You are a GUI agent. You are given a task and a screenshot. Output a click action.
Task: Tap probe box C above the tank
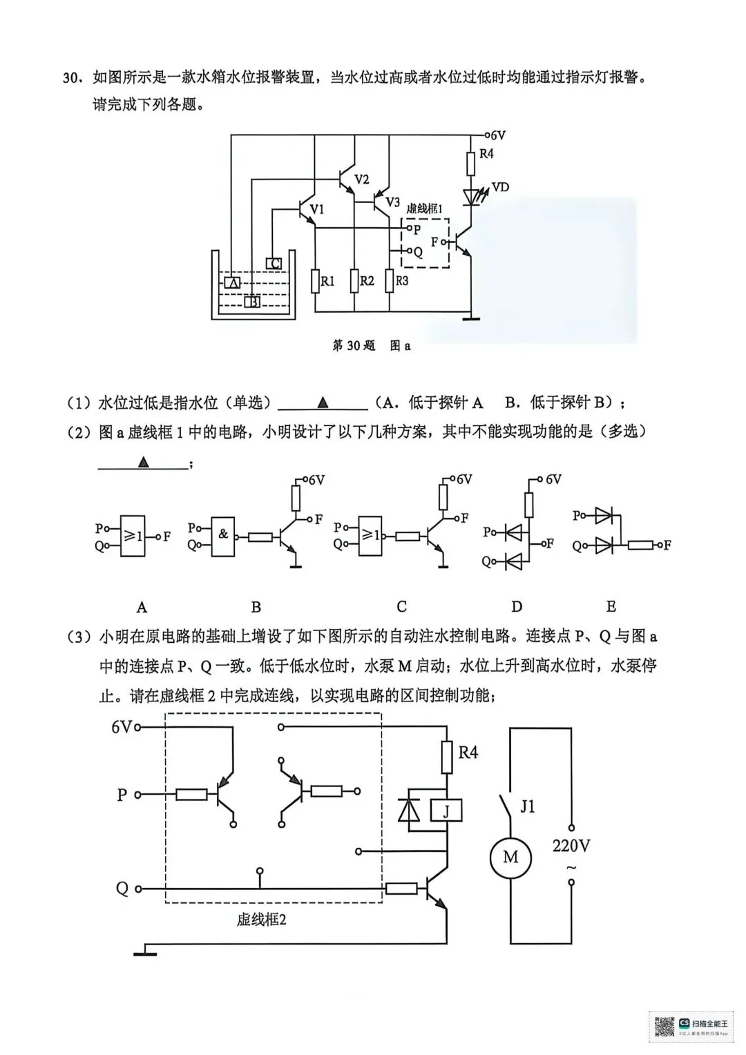tap(274, 263)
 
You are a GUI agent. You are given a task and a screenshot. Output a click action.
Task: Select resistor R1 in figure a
tap(315, 281)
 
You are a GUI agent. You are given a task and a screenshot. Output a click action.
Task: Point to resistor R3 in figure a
tap(390, 280)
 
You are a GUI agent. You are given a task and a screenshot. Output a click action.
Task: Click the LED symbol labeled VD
tap(472, 197)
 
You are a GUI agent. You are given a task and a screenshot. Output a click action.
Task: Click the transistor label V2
tap(361, 180)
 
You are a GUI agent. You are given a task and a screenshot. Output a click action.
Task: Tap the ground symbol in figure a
tap(472, 318)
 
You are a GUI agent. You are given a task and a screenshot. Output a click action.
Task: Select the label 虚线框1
tap(424, 208)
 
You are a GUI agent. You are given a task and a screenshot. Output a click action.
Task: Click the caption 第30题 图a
tap(371, 345)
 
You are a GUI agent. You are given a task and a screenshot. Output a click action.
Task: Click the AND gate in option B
tap(223, 535)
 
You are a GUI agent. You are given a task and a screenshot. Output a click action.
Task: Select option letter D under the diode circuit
tap(516, 607)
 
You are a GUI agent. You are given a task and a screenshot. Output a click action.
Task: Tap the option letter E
tap(611, 607)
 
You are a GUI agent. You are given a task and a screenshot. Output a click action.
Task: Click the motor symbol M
tap(510, 858)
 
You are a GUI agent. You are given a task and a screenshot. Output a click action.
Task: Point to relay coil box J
tap(446, 811)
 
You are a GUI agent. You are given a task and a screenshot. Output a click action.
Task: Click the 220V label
tap(571, 845)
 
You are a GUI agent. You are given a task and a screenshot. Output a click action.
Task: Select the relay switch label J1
tap(528, 806)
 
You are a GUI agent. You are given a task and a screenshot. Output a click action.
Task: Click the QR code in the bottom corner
tap(664, 1026)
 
